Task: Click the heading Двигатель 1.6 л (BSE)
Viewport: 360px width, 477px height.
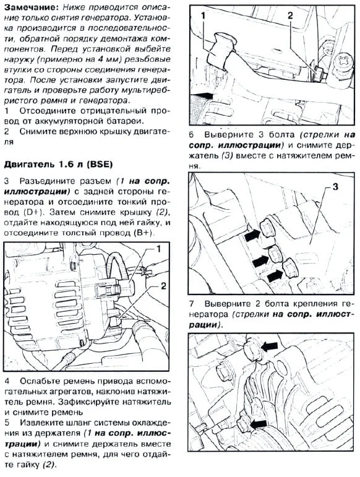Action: (58, 165)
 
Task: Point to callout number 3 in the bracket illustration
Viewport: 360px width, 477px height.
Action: (335, 186)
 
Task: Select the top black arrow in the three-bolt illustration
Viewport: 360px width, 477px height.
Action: (252, 235)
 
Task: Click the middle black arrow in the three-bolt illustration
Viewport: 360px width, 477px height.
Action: (261, 260)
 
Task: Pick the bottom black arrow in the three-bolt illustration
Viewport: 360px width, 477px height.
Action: (275, 275)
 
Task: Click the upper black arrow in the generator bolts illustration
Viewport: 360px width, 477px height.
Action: (270, 346)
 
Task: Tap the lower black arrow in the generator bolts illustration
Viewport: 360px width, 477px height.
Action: (258, 424)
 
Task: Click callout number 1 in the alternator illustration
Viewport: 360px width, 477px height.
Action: (158, 249)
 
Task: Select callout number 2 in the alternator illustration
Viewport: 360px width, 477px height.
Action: (163, 286)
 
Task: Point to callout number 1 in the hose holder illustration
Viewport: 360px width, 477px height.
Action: (203, 15)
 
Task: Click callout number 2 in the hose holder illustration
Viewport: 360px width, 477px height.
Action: (290, 15)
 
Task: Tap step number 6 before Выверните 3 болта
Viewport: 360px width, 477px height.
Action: (192, 135)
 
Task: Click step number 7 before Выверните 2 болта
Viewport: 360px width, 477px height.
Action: (192, 304)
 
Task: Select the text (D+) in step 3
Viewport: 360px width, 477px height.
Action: (33, 212)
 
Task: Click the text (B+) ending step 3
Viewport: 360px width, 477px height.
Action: (144, 233)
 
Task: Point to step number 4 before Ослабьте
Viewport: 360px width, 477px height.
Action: (7, 381)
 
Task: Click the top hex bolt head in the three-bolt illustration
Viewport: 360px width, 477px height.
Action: (268, 226)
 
